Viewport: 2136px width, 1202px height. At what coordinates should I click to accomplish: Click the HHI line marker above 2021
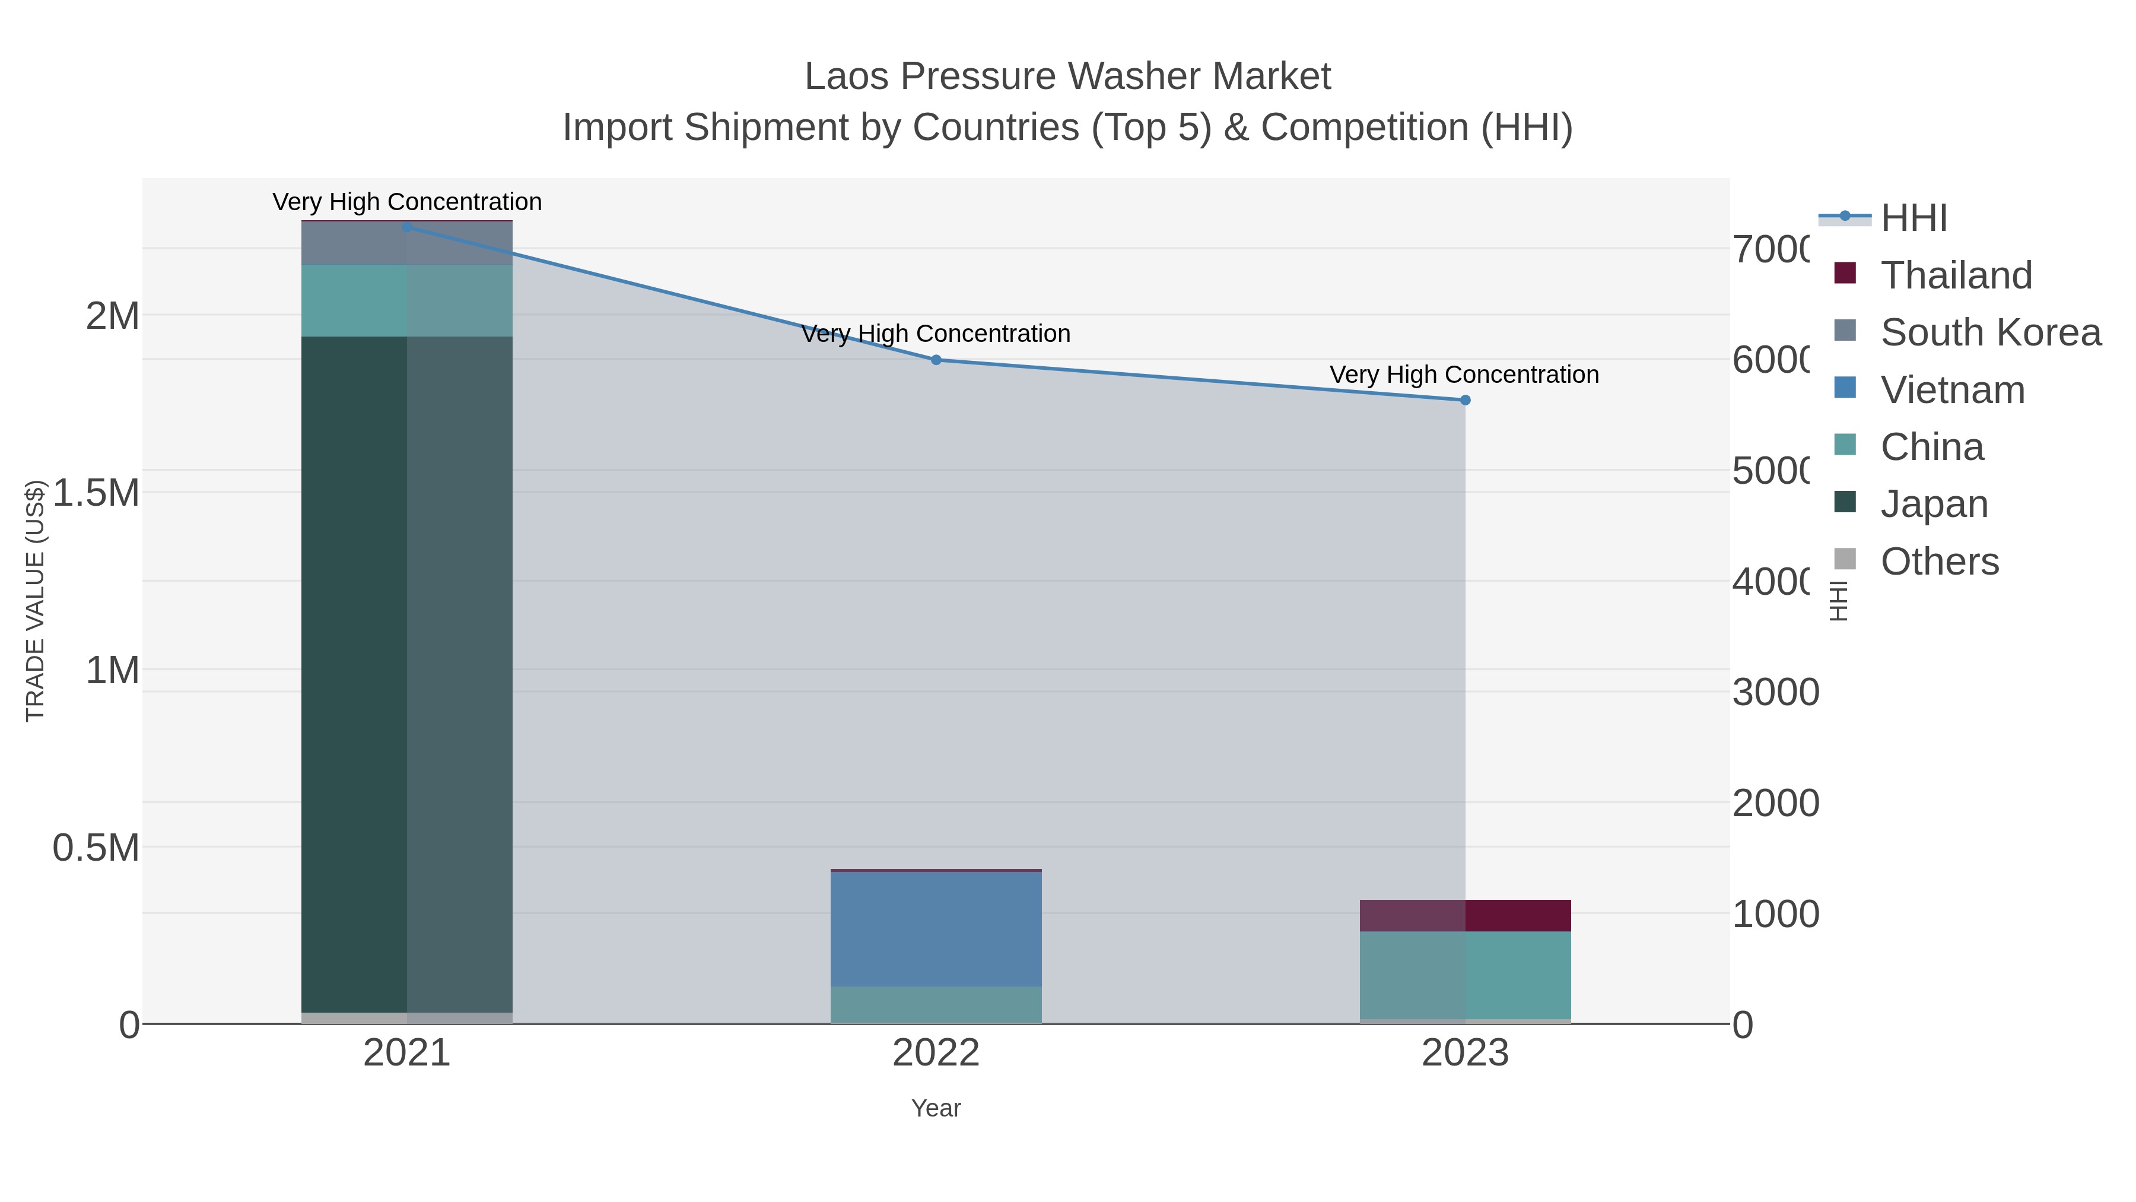[406, 227]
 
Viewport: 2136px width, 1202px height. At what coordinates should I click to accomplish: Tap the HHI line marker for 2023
[1465, 400]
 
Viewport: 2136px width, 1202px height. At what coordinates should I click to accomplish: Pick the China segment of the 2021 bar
[406, 300]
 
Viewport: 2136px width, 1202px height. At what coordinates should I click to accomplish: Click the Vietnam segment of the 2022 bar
[936, 928]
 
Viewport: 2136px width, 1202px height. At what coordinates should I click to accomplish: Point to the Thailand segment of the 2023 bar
[1465, 915]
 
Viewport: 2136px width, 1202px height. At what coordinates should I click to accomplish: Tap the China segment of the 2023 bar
[1465, 975]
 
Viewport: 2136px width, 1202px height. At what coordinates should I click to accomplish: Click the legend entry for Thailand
[1955, 275]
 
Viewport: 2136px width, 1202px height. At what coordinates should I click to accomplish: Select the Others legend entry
[1938, 562]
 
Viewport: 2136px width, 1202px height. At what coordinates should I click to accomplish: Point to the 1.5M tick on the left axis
[96, 493]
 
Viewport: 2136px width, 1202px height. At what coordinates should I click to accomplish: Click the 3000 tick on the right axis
[1775, 692]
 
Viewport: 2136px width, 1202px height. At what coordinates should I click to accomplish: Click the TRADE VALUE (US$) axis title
[35, 601]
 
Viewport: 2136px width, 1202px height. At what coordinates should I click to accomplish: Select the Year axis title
[936, 1108]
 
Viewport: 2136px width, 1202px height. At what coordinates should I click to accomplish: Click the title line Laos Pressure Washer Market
[1067, 77]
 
